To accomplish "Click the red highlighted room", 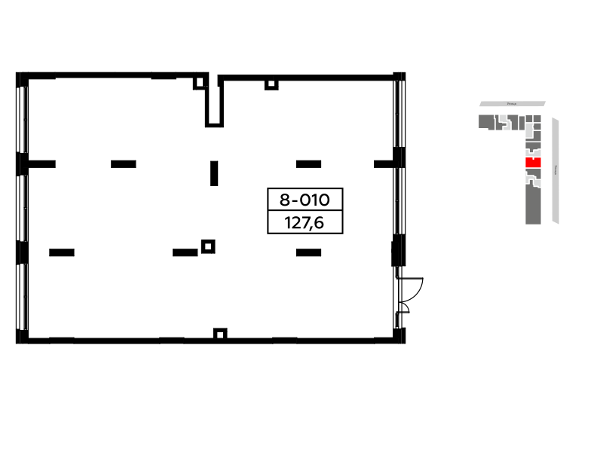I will pyautogui.click(x=533, y=163).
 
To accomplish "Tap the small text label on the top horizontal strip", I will pyautogui.click(x=512, y=104).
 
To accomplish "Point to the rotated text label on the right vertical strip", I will pyautogui.click(x=556, y=170).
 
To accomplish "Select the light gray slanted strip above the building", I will pyautogui.click(x=528, y=104).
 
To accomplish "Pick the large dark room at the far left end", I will pyautogui.click(x=485, y=122).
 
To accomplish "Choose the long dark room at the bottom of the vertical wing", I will pyautogui.click(x=533, y=205).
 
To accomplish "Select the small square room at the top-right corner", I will pyautogui.click(x=537, y=118).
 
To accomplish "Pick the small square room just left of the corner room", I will pyautogui.click(x=529, y=118).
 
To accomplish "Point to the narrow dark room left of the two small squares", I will pyautogui.click(x=522, y=123).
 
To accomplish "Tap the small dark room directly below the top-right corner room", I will pyautogui.click(x=537, y=127).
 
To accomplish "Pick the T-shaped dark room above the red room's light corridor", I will pyautogui.click(x=533, y=145).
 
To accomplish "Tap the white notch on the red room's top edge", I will pyautogui.click(x=533, y=159).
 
